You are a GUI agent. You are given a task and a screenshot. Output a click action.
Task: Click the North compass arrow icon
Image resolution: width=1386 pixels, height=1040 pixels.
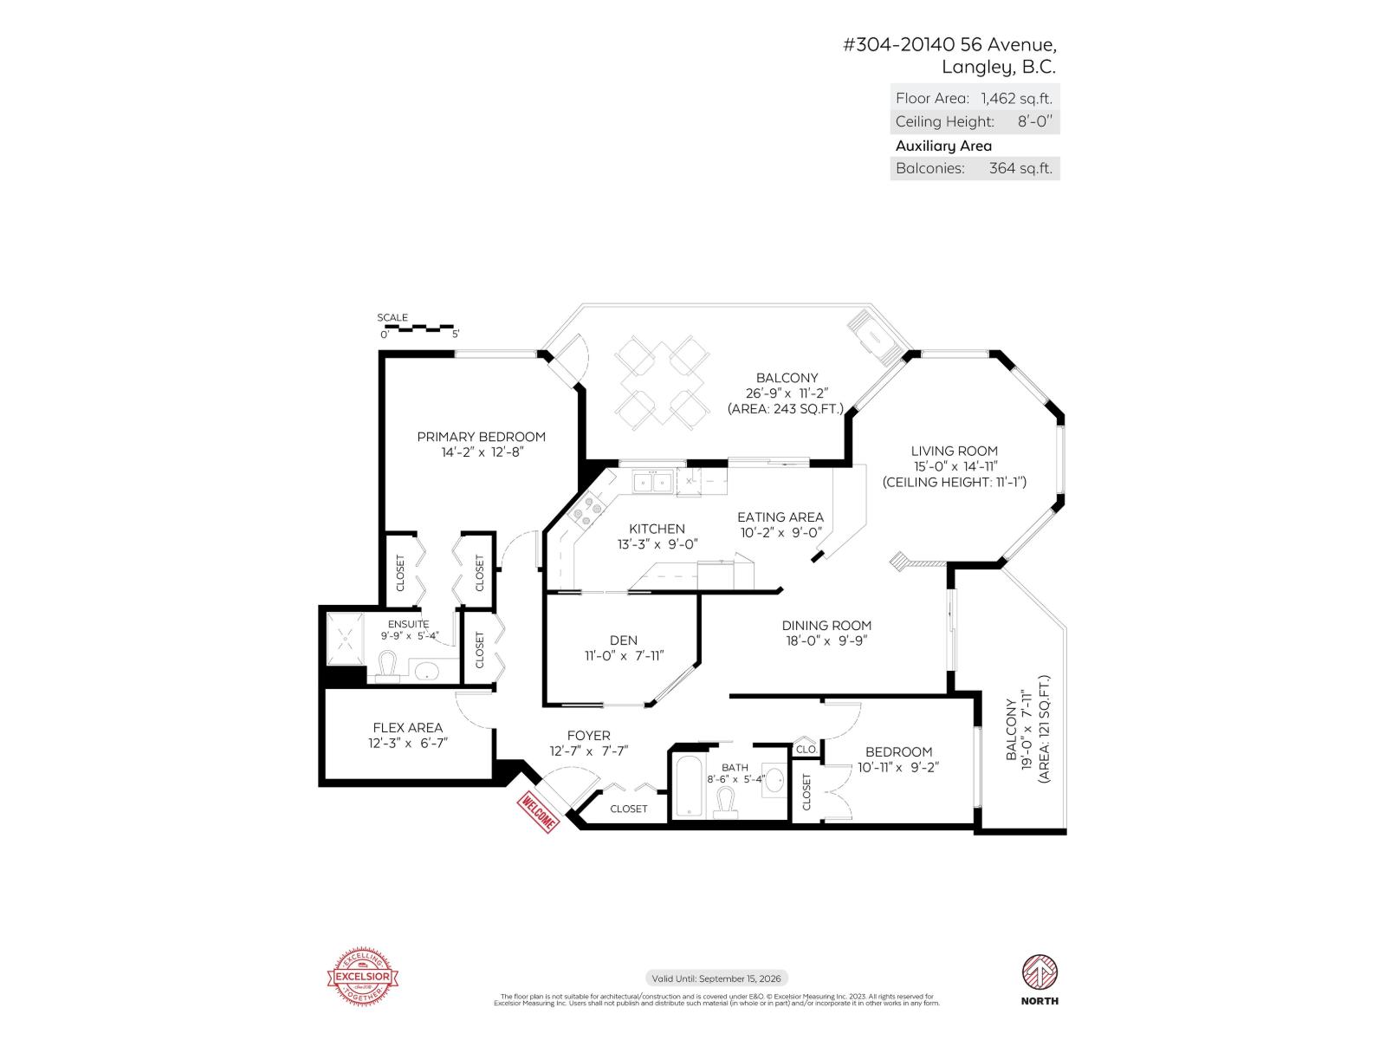(x=1039, y=972)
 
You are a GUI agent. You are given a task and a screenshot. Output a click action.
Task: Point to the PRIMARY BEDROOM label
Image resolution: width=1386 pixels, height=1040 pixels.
(x=481, y=437)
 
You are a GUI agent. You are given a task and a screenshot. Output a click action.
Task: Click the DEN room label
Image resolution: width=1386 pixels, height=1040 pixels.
(x=623, y=640)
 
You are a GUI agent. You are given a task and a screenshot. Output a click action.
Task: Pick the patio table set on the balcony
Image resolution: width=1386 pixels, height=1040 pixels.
(x=663, y=381)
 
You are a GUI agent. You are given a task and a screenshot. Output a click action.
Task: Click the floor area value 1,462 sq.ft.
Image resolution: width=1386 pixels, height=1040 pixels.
(x=1016, y=98)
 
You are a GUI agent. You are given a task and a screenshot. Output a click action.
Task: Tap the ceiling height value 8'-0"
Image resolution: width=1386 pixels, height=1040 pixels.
(x=1034, y=121)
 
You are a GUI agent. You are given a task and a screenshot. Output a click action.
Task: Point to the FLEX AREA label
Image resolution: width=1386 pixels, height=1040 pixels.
(x=407, y=728)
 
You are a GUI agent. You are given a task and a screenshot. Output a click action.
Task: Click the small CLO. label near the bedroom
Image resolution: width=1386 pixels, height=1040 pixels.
(x=806, y=749)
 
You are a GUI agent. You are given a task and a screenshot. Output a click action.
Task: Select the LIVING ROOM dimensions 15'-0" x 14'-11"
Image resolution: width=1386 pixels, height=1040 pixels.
(x=954, y=466)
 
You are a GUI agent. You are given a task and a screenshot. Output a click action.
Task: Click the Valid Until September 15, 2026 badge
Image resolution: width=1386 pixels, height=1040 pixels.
(x=716, y=978)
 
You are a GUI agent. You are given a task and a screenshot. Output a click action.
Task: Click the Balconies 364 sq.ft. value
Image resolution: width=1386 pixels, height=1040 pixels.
(x=1020, y=168)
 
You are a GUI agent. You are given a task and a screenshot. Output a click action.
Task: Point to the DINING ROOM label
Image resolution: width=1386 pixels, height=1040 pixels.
(x=826, y=625)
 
